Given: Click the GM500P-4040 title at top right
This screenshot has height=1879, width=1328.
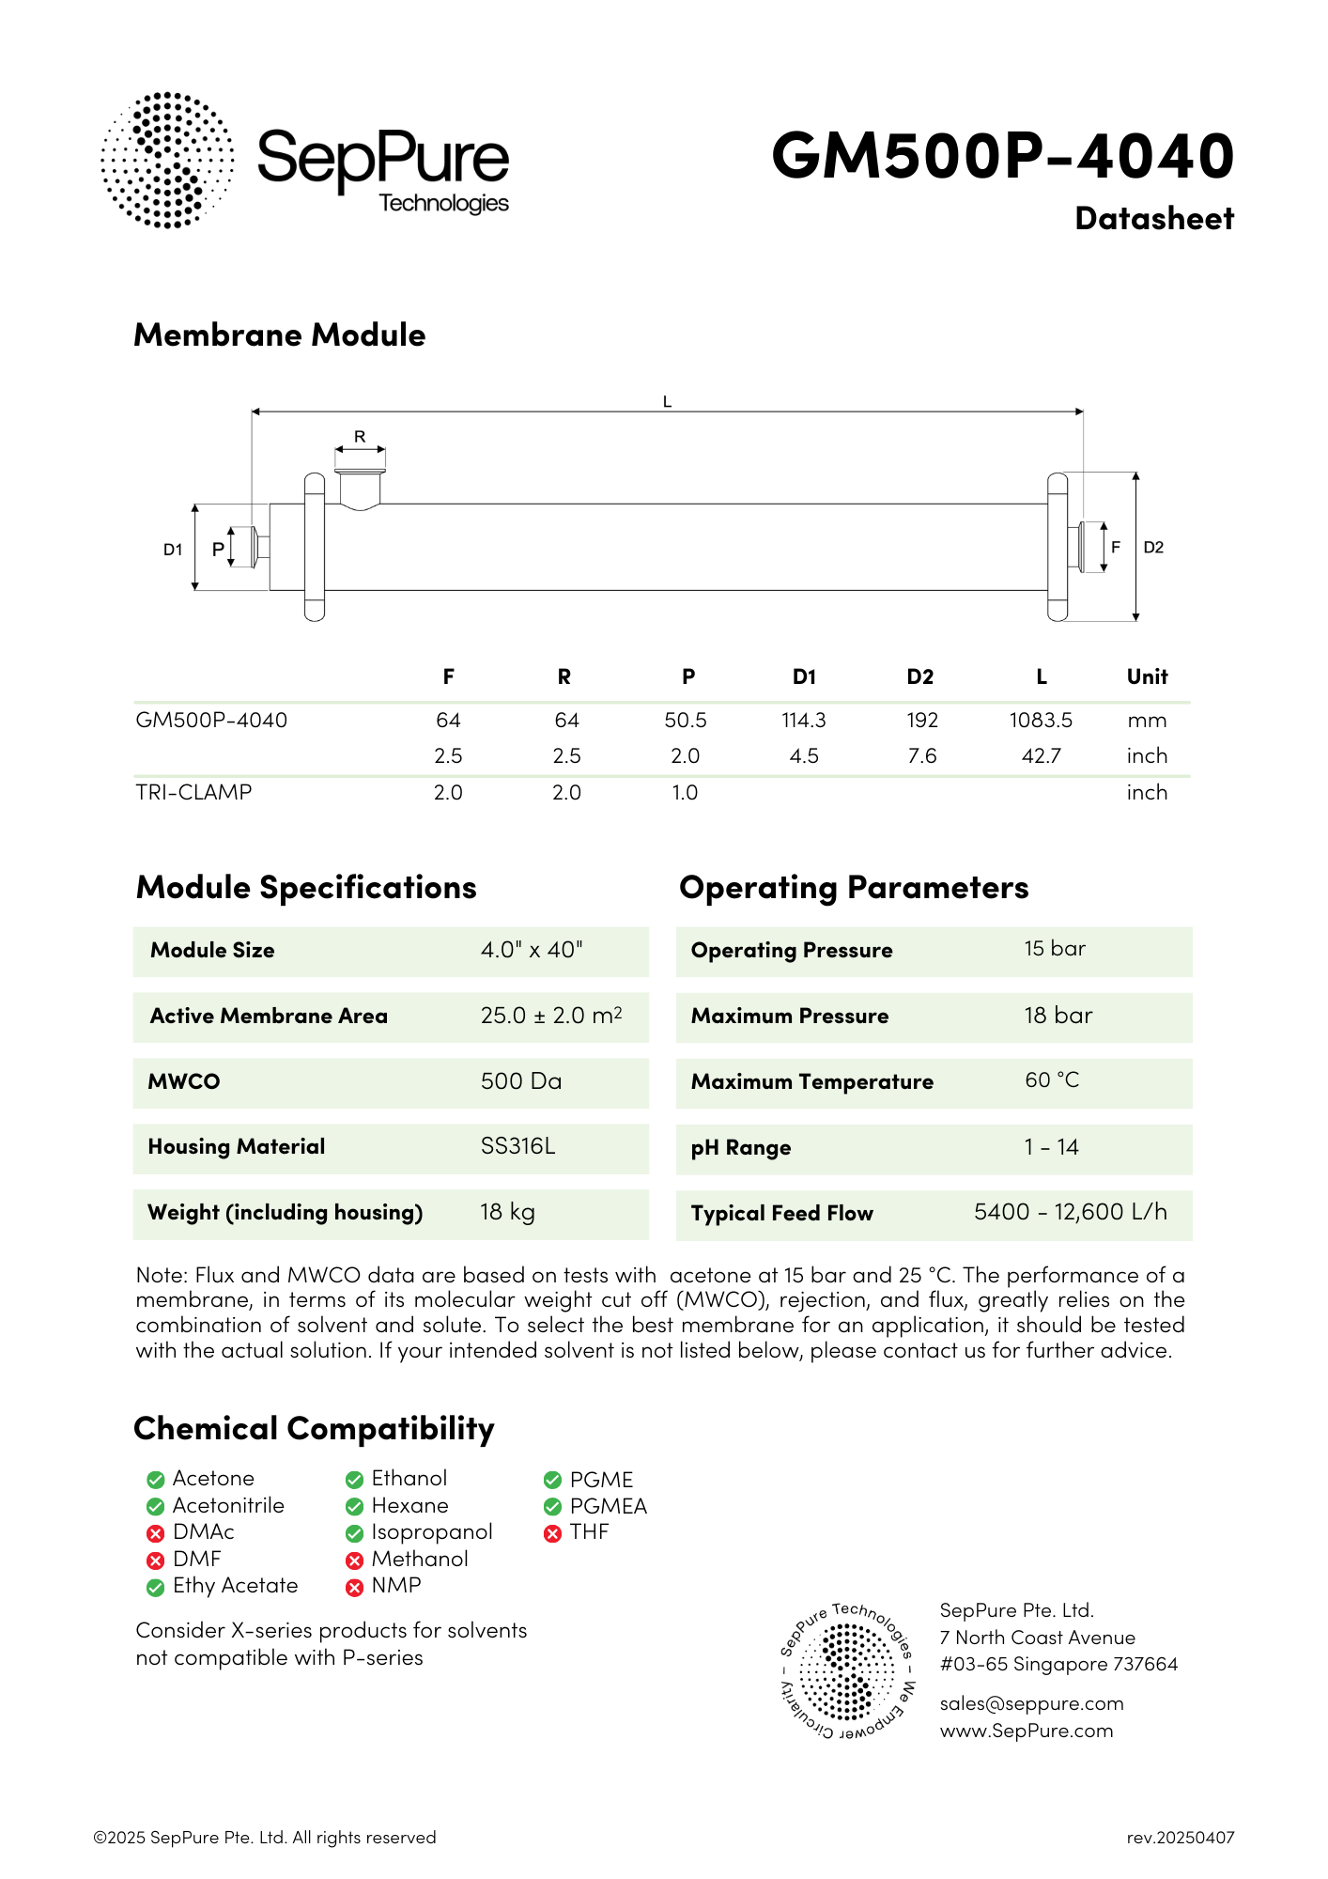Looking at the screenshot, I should (x=1002, y=155).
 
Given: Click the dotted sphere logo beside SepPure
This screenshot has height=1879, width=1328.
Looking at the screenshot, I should (x=167, y=160).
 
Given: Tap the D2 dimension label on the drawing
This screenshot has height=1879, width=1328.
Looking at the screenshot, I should (x=1153, y=547).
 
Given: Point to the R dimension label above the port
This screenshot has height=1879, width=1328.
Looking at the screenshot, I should (x=360, y=437).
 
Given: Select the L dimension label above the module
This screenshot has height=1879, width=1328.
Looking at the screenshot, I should (x=667, y=402).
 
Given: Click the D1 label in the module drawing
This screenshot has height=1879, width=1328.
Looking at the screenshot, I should (x=173, y=550).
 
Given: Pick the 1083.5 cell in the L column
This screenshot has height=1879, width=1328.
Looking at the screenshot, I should (x=1041, y=721).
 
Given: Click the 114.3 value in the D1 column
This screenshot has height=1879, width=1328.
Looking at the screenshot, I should (x=804, y=721).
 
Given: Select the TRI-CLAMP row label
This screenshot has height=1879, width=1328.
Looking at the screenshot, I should (x=194, y=792).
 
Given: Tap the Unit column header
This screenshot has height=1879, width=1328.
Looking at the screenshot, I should (x=1147, y=676).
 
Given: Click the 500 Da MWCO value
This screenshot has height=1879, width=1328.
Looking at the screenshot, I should (x=521, y=1081).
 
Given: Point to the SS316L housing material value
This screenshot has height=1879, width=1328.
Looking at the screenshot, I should (x=518, y=1146).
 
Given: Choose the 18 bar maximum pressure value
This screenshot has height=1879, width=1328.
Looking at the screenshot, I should (x=1058, y=1016).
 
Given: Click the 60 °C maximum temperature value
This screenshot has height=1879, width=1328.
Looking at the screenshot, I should (x=1052, y=1080).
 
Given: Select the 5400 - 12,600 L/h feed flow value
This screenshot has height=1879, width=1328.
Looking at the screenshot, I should (x=1071, y=1212).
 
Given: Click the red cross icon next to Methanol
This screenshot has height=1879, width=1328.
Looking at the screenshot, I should (x=354, y=1561).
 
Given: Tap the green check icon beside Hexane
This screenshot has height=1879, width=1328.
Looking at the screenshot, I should (x=354, y=1507).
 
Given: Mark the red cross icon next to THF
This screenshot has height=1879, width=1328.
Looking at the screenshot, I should (x=552, y=1533).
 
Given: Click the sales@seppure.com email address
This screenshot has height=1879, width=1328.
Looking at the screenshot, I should (x=1031, y=1703).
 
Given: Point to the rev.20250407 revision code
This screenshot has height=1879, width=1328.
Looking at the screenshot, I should (x=1181, y=1838).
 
